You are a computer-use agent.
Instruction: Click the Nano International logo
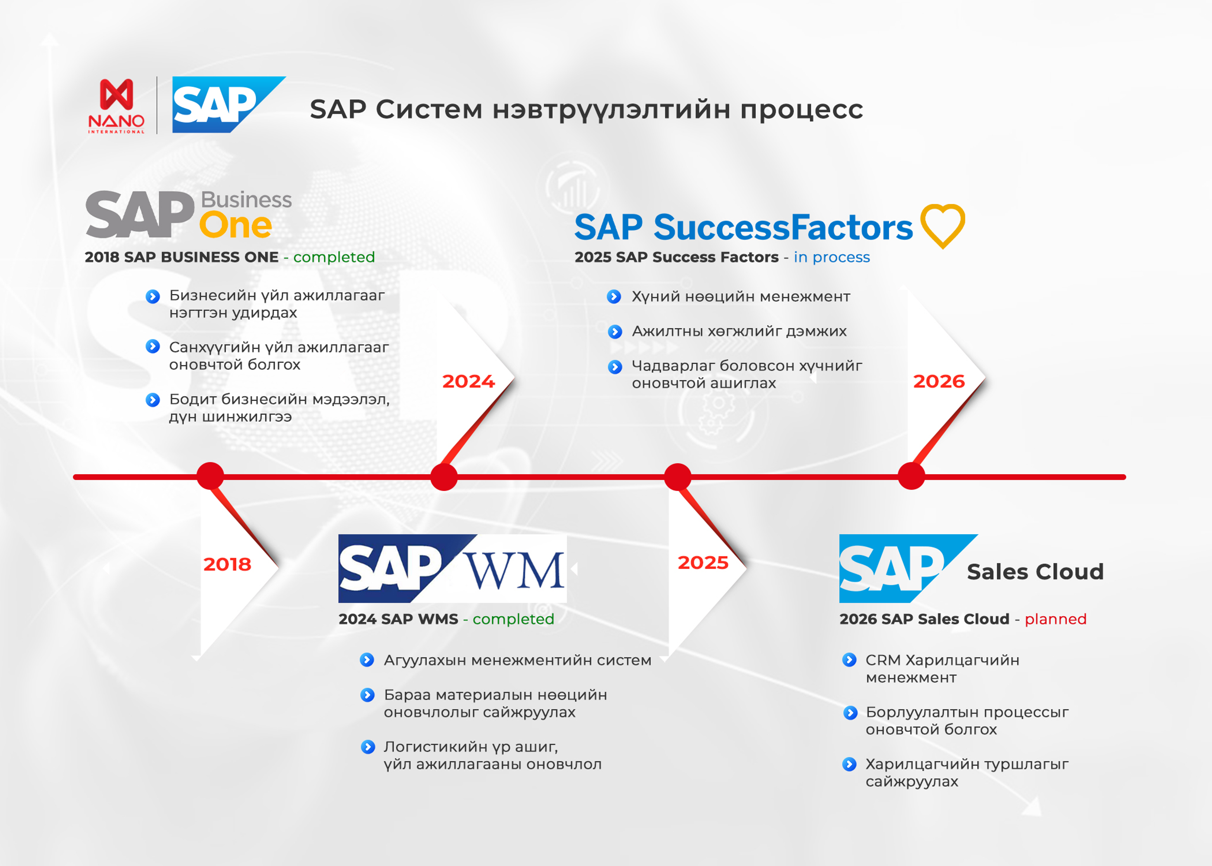[x=116, y=106]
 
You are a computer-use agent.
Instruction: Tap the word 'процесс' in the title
[x=801, y=110]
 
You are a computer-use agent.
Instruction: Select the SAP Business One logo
[x=188, y=214]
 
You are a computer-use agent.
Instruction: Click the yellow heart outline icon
[x=942, y=225]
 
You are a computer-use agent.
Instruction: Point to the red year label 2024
[x=468, y=381]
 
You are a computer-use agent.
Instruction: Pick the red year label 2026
[x=938, y=381]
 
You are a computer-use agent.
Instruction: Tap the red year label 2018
[x=227, y=564]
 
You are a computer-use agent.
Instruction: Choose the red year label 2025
[x=703, y=562]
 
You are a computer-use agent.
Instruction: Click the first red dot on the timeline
[x=210, y=476]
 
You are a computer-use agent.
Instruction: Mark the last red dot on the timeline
[x=911, y=476]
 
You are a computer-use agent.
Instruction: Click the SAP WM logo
[x=452, y=569]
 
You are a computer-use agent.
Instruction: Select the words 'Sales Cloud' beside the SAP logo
[x=1035, y=572]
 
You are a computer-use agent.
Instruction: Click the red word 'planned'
[x=1055, y=619]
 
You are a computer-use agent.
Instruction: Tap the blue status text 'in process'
[x=832, y=257]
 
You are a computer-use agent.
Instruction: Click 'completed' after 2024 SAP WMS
[x=513, y=619]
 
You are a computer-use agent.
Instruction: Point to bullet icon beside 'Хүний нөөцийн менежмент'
[x=614, y=297]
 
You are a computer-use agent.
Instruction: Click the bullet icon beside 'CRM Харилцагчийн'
[x=849, y=660]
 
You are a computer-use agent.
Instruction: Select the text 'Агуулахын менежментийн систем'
[x=517, y=660]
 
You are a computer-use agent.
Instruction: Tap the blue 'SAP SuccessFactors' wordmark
[x=743, y=228]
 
